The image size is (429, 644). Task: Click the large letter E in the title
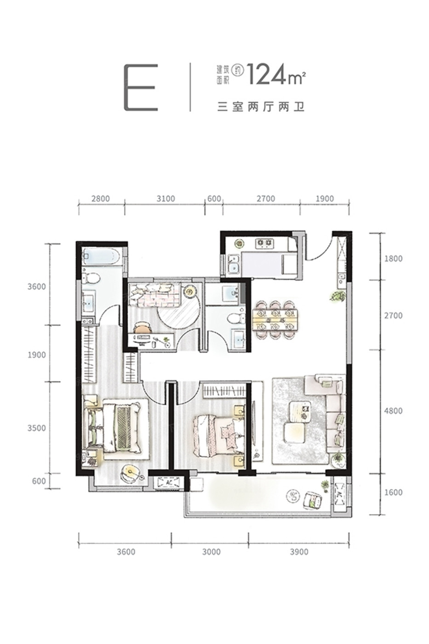141,87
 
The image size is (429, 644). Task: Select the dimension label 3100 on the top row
166,199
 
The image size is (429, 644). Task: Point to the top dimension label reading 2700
266,199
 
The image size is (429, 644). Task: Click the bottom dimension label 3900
299,552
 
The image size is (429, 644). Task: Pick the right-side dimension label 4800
393,411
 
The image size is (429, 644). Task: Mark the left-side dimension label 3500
37,428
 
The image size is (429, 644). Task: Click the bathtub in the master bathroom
101,256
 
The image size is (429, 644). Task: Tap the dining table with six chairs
275,320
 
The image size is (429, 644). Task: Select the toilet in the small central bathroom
236,318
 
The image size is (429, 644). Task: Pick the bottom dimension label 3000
211,552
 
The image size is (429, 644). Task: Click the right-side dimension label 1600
393,493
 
